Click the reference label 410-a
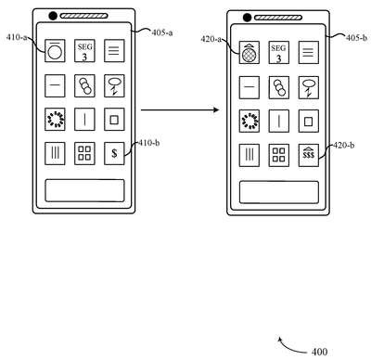click(17, 38)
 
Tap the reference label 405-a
click(162, 32)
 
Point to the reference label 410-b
click(149, 143)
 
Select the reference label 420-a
click(211, 39)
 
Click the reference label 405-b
click(356, 38)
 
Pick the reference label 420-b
click(343, 145)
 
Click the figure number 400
click(319, 352)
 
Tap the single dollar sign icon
click(114, 153)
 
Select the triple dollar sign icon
click(309, 155)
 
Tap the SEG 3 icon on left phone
click(84, 51)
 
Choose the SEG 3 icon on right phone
click(279, 53)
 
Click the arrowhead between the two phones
click(216, 109)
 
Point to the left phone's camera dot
click(53, 16)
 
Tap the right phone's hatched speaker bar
click(278, 18)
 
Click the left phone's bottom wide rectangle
click(84, 190)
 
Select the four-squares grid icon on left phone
click(84, 153)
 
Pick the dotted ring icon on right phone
click(249, 121)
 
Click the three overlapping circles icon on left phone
click(84, 85)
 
